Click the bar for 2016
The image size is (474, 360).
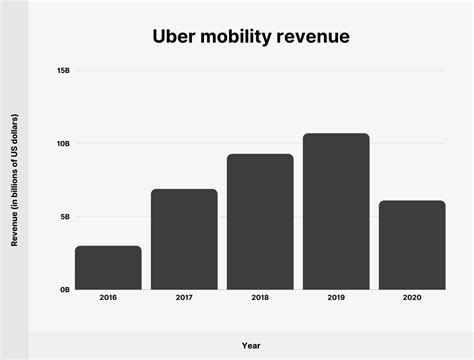tap(108, 267)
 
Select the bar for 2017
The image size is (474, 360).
tap(184, 239)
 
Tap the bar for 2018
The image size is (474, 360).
tap(260, 221)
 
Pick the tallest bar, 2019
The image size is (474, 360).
tap(336, 211)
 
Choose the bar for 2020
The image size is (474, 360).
tap(412, 245)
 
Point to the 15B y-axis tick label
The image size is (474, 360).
tap(63, 71)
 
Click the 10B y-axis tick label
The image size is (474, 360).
tap(63, 144)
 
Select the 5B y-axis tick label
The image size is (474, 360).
tap(64, 217)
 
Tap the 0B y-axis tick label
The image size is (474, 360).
tap(64, 290)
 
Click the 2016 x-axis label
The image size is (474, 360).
tap(108, 298)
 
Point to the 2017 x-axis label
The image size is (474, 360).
tap(184, 298)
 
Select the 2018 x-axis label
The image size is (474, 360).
tap(260, 298)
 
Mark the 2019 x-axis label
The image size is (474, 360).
tap(336, 298)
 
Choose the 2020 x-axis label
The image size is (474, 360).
tap(412, 298)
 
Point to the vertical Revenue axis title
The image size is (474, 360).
tap(15, 180)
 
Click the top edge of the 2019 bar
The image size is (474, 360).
tap(336, 134)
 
